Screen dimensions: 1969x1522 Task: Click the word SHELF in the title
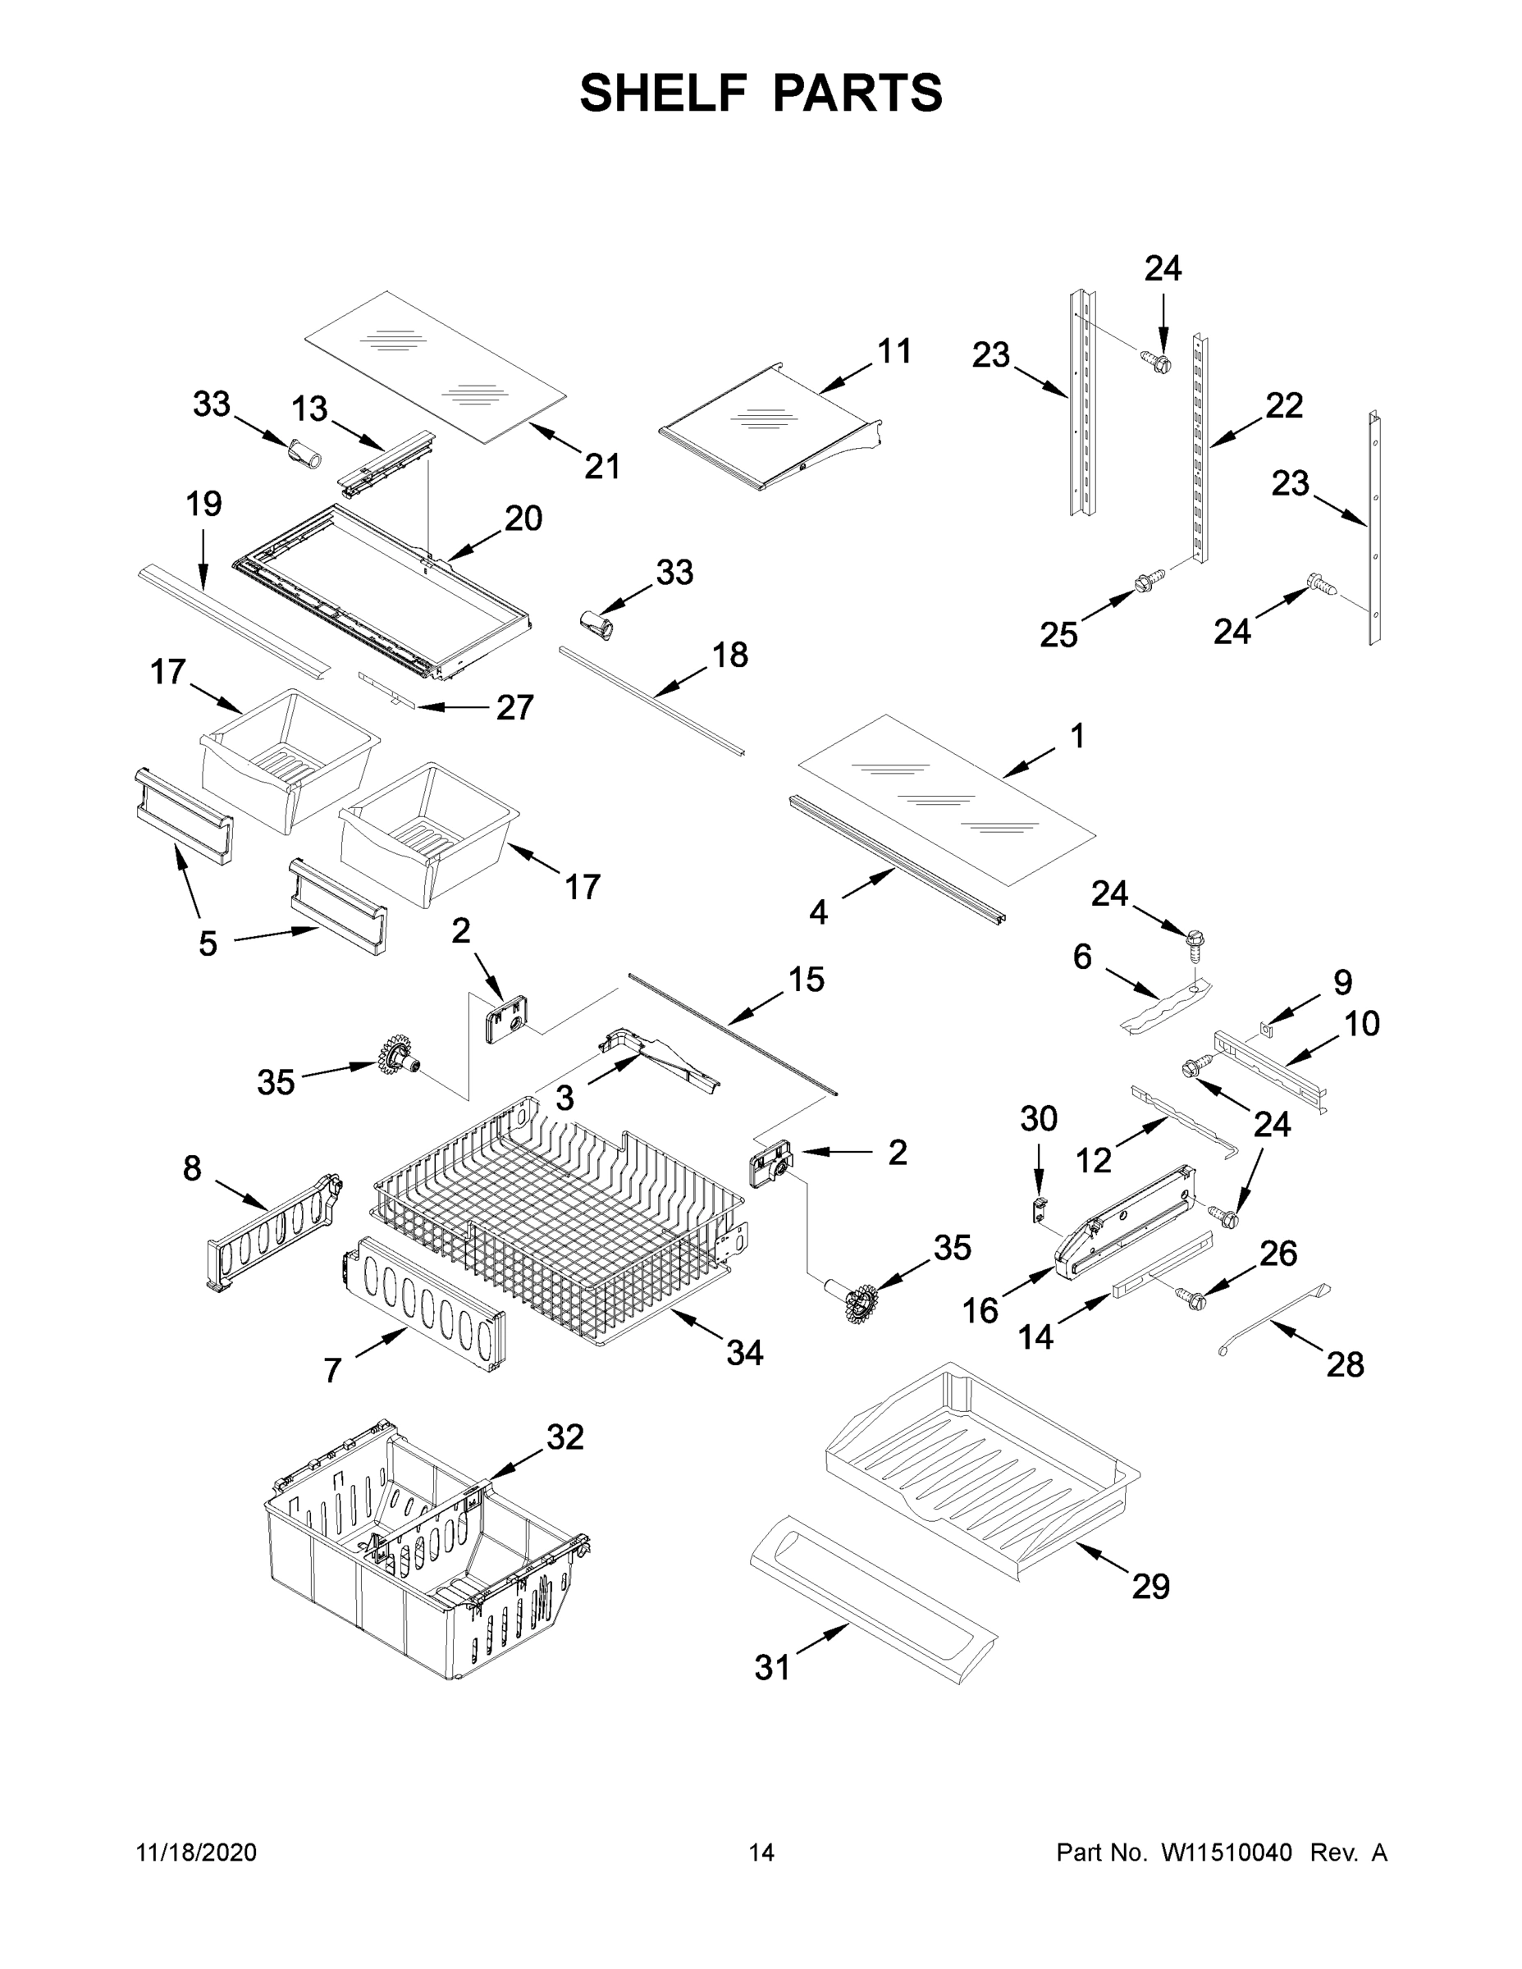click(664, 93)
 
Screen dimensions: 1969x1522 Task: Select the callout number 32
click(565, 1437)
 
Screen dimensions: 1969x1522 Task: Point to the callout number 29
click(1150, 1586)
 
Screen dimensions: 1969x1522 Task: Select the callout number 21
click(602, 467)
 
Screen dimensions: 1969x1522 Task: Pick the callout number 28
click(1346, 1365)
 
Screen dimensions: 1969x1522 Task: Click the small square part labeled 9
click(1267, 1028)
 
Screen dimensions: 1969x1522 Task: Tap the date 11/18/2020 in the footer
click(197, 1852)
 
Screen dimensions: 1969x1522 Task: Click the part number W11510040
click(1227, 1852)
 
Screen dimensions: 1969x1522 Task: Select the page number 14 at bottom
click(761, 1852)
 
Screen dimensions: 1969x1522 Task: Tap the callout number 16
click(980, 1310)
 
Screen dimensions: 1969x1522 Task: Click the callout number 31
click(773, 1669)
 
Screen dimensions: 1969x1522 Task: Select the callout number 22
click(1284, 406)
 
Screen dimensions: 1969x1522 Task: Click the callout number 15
click(806, 979)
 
